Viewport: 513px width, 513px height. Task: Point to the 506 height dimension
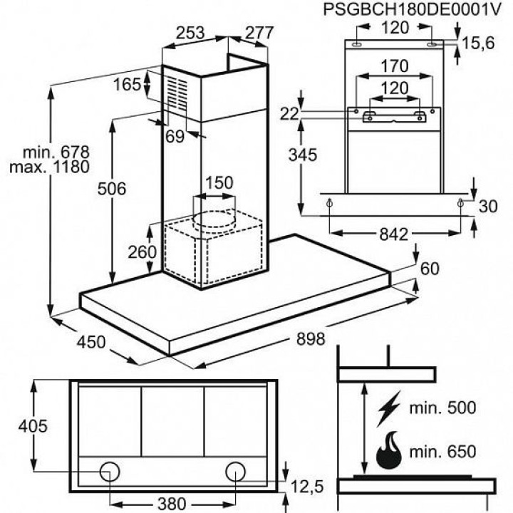112,189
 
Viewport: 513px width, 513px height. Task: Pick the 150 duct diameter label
219,182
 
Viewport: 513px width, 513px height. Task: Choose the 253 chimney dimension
191,33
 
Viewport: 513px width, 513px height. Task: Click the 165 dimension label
128,85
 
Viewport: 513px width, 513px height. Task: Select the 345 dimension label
301,153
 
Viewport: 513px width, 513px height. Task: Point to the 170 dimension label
394,67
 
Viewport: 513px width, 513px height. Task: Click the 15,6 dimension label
478,43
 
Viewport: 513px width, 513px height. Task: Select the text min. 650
443,452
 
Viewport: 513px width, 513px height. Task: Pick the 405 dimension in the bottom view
33,426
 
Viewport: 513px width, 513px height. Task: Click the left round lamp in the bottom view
109,471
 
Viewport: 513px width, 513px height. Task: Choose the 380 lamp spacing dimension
171,503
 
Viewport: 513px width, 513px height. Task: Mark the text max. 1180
49,168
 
